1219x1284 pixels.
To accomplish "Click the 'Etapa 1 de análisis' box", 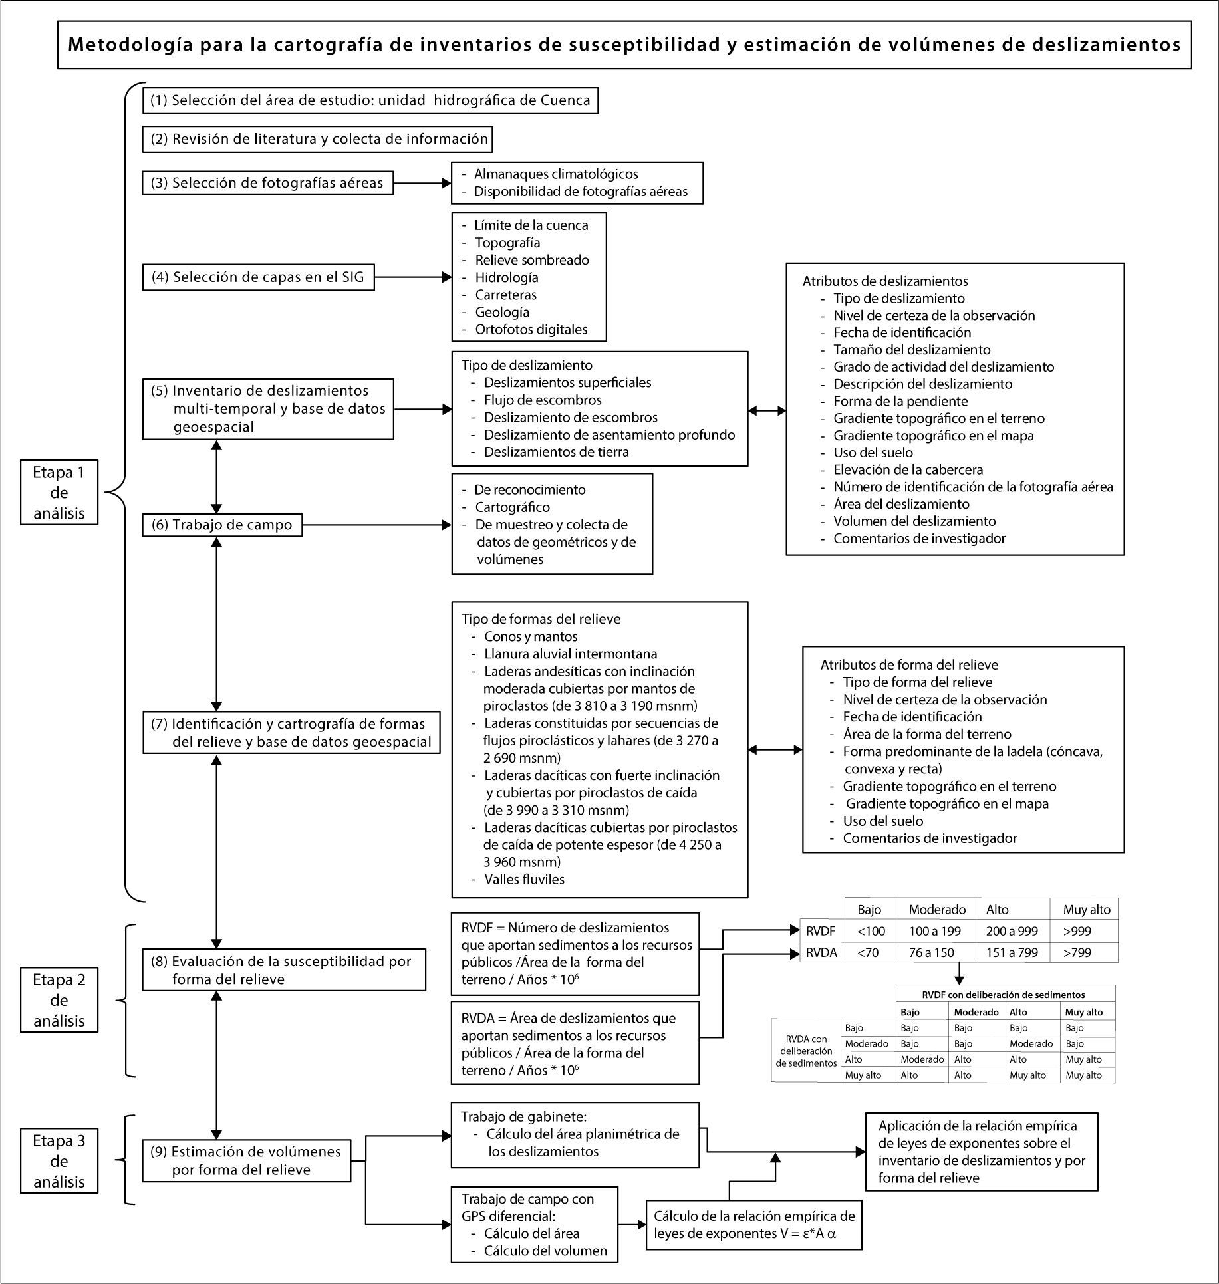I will pyautogui.click(x=59, y=493).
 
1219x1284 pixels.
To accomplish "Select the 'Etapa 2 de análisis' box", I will pyautogui.click(x=59, y=1000).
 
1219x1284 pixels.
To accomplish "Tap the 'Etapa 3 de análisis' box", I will pyautogui.click(x=59, y=1161).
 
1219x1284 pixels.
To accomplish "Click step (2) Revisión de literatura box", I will pyautogui.click(x=318, y=140).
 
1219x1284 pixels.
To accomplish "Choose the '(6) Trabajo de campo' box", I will pyautogui.click(x=222, y=525).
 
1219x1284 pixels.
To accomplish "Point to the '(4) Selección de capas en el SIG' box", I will pyautogui.click(x=258, y=277).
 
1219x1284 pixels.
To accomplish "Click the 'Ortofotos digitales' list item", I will pyautogui.click(x=531, y=329).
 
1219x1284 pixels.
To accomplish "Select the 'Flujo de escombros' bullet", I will pyautogui.click(x=543, y=400).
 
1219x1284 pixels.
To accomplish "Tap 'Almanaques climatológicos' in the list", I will pyautogui.click(x=556, y=174).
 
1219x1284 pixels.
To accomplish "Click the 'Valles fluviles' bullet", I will pyautogui.click(x=524, y=879).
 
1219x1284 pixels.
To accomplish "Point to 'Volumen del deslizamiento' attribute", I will pyautogui.click(x=914, y=521).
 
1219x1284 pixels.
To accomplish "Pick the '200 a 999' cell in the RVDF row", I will pyautogui.click(x=1012, y=932).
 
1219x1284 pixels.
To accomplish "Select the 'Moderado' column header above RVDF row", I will pyautogui.click(x=936, y=910).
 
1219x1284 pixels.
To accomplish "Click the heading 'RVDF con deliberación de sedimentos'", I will pyautogui.click(x=1004, y=995).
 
